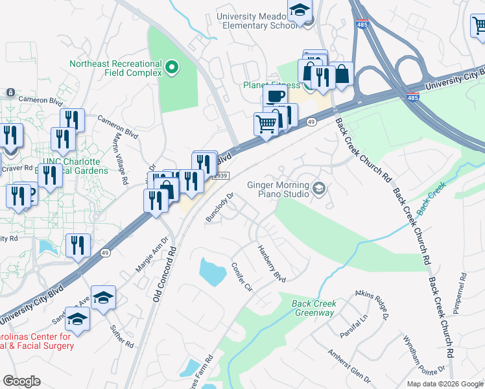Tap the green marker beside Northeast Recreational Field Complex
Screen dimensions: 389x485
point(172,66)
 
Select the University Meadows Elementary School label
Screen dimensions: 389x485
point(250,21)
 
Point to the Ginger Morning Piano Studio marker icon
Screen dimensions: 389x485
point(318,189)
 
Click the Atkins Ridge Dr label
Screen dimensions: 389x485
point(371,305)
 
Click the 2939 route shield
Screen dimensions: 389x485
point(221,176)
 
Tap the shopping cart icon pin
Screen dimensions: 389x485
point(266,123)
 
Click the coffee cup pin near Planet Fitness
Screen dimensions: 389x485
point(276,95)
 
